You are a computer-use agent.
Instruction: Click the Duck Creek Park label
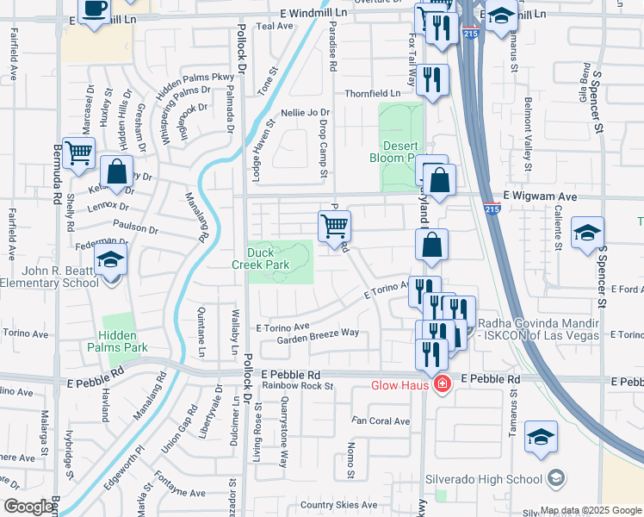click(x=267, y=258)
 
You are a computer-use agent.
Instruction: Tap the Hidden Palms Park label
click(x=117, y=341)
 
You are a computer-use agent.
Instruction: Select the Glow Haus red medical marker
click(x=442, y=384)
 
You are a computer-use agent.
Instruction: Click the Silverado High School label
click(x=482, y=478)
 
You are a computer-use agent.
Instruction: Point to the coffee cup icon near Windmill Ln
click(x=94, y=9)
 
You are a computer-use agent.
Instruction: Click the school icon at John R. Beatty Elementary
click(x=111, y=259)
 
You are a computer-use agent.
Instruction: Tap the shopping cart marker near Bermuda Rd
click(x=78, y=153)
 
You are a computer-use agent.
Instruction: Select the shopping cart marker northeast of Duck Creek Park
click(x=334, y=227)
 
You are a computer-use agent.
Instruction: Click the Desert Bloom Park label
click(x=399, y=152)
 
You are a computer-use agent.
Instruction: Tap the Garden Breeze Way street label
click(x=318, y=334)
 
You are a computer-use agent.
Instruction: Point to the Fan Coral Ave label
click(x=381, y=421)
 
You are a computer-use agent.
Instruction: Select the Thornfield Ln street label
click(x=373, y=93)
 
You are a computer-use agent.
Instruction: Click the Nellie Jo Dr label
click(x=306, y=113)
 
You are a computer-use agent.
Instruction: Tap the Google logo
click(x=28, y=507)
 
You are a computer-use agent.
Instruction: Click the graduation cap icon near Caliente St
click(x=587, y=233)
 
